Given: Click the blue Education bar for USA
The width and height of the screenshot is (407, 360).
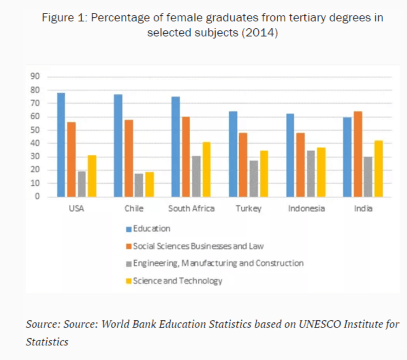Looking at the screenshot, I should pos(61,145).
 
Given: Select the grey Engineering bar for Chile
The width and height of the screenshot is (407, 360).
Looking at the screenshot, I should pos(139,185).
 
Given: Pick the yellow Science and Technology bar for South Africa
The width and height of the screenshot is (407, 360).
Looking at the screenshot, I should pos(206,169).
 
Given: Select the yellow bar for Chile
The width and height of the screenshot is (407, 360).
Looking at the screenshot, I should pos(149,184).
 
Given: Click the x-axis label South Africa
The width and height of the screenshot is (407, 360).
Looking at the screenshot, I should pos(191,208).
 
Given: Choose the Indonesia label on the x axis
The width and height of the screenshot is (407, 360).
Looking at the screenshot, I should pos(306,208).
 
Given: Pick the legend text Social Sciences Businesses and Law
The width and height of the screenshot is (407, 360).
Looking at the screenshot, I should pos(199,246).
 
